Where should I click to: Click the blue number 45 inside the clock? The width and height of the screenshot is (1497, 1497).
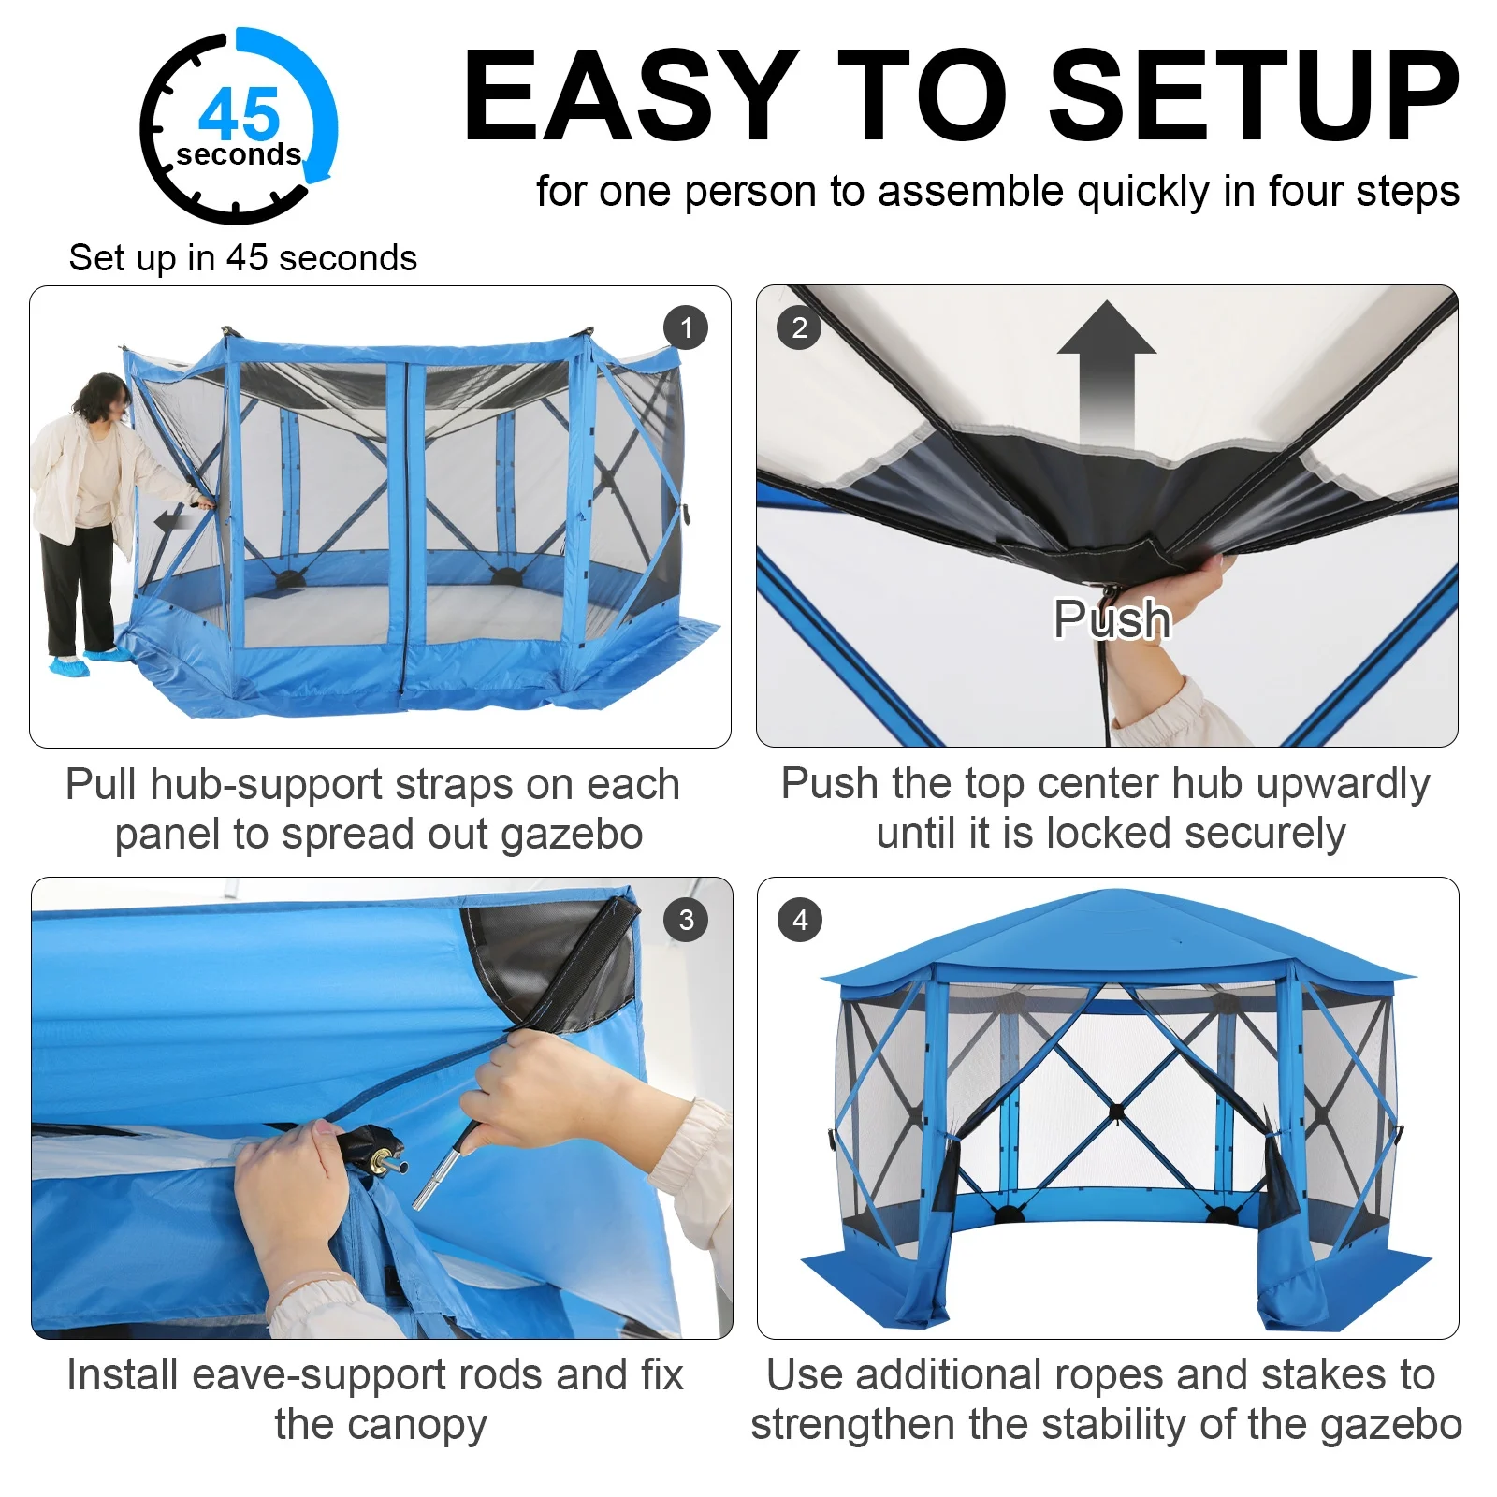[x=240, y=114]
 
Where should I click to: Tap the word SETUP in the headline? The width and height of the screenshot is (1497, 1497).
[x=1254, y=95]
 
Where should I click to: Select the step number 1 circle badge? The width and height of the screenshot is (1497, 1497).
[x=686, y=327]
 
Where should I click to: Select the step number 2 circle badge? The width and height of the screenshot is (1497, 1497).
[x=798, y=327]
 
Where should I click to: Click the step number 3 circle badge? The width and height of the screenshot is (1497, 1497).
[x=686, y=920]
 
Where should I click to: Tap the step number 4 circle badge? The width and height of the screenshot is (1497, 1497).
[x=800, y=920]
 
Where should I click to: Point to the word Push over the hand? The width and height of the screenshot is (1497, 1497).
[x=1112, y=618]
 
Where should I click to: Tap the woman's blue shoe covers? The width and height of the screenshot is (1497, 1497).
[x=89, y=661]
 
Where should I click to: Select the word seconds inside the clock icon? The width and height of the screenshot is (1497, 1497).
[x=239, y=154]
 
